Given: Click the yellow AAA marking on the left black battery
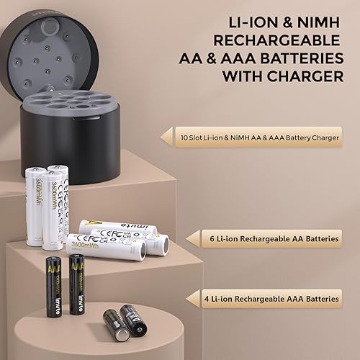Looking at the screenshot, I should [x=53, y=267].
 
